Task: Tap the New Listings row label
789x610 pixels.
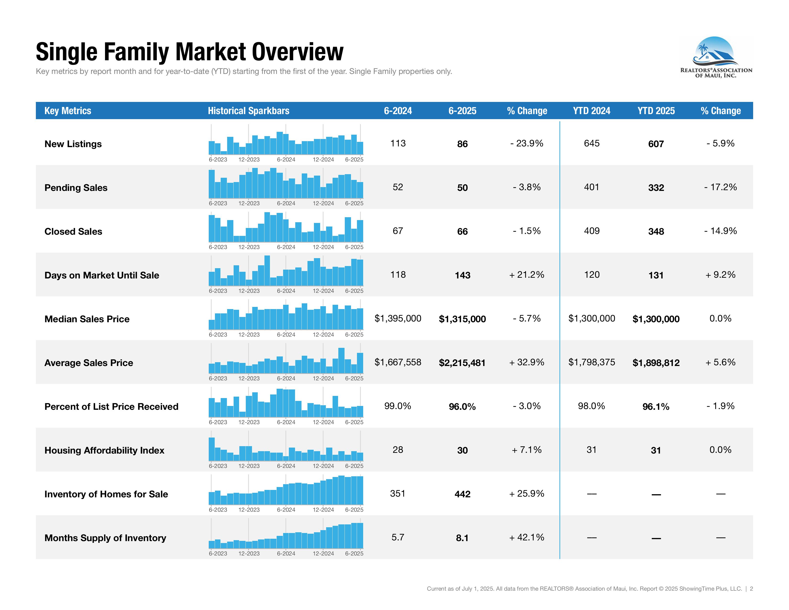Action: [x=73, y=144]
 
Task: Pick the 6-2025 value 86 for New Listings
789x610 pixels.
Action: [x=462, y=144]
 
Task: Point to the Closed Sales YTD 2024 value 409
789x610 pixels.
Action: [x=591, y=231]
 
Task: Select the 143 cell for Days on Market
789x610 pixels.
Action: [x=462, y=275]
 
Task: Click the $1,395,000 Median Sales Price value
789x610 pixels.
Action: [x=398, y=318]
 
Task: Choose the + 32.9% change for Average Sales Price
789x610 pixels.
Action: [x=526, y=362]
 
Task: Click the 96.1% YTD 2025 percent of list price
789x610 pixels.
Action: [x=656, y=406]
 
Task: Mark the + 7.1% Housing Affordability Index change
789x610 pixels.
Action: [x=526, y=450]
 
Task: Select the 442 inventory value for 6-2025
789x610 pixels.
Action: [x=462, y=494]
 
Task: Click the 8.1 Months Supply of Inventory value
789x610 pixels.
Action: [x=462, y=538]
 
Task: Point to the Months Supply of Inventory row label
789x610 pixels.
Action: [x=105, y=538]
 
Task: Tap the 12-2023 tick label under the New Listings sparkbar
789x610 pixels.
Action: [x=249, y=159]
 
